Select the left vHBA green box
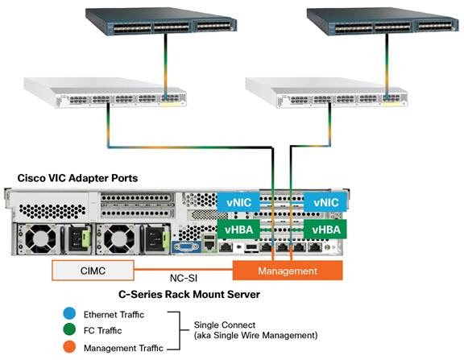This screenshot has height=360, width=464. pos(238,230)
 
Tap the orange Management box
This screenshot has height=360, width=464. pos(288,271)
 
